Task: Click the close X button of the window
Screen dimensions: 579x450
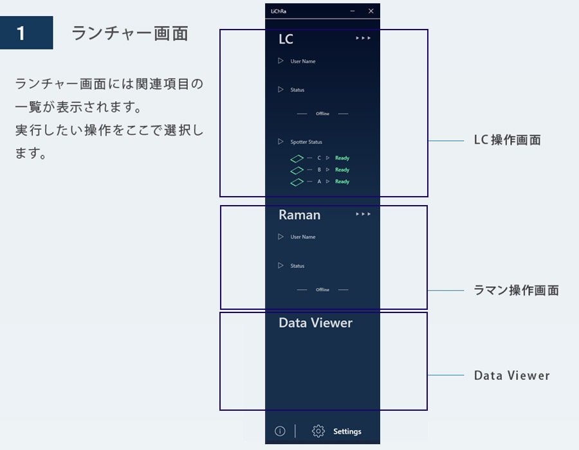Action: coord(371,11)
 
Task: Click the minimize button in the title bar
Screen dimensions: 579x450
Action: coord(353,11)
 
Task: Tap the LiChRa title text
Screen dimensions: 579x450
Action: coord(279,11)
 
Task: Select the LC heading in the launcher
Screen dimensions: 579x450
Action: coord(286,39)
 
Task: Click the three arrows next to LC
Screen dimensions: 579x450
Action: coord(363,38)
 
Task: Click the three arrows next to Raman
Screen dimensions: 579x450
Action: coord(363,214)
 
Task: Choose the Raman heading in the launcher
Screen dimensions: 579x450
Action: coord(299,215)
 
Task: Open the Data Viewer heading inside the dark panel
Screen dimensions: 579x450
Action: coord(315,323)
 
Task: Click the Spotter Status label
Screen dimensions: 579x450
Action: coord(306,142)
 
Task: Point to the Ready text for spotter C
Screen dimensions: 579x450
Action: coord(342,158)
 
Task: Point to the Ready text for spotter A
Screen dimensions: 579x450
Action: coord(342,181)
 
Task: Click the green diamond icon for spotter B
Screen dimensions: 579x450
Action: coord(297,170)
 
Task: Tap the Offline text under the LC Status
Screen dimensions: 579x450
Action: coord(322,114)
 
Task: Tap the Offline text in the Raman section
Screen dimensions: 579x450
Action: coord(322,289)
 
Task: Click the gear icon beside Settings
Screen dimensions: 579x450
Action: coord(318,431)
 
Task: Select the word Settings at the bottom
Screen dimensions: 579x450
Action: coord(347,431)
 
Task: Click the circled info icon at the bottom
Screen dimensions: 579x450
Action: coord(280,431)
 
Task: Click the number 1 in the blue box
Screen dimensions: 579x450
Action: coord(21,33)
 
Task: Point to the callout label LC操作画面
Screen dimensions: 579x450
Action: coord(508,140)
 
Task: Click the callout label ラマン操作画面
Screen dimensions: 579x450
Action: coord(516,291)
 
